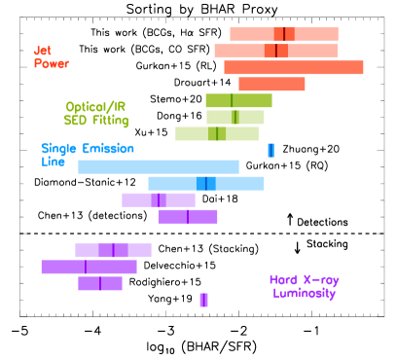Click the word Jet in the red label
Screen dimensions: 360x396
point(42,51)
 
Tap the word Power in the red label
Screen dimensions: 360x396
point(52,64)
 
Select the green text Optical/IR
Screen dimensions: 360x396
point(96,107)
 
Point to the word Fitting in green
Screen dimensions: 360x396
point(110,121)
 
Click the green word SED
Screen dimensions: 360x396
point(76,121)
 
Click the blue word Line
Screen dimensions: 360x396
point(53,162)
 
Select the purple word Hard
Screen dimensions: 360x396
point(284,280)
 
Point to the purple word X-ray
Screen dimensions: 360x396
point(320,280)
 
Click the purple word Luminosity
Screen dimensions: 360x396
point(305,293)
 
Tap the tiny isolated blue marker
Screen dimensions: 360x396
point(270,150)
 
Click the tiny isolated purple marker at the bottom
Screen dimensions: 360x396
point(203,300)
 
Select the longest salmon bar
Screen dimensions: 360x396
point(293,67)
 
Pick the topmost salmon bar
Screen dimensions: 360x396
point(283,34)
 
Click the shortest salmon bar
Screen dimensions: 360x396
point(271,84)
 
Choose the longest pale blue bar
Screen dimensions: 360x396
point(158,166)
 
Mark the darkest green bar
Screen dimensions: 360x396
point(238,100)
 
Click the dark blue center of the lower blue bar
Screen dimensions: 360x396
point(205,183)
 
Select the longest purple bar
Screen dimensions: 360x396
point(89,267)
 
